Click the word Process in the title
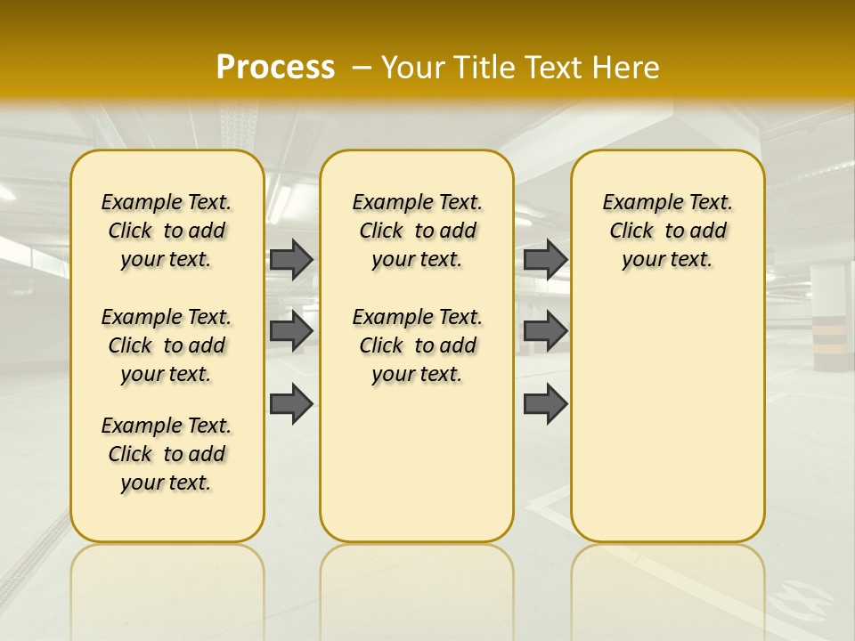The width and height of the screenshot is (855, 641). (275, 67)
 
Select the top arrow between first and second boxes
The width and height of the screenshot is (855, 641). (291, 259)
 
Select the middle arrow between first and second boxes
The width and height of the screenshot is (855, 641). (291, 332)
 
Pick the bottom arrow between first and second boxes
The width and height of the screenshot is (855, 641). (291, 404)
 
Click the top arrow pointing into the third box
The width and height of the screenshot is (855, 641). (545, 259)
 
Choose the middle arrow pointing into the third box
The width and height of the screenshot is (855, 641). (545, 332)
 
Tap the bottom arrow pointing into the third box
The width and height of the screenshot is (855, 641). (545, 404)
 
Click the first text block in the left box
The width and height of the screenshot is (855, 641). (167, 231)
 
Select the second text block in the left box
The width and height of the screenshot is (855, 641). (167, 345)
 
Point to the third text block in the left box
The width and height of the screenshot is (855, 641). (167, 454)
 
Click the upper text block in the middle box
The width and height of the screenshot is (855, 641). (417, 231)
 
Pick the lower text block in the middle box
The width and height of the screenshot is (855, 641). (417, 345)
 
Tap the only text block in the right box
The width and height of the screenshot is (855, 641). (667, 231)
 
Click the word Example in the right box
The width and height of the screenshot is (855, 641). (639, 203)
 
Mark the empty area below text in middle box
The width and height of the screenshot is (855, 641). (417, 463)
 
